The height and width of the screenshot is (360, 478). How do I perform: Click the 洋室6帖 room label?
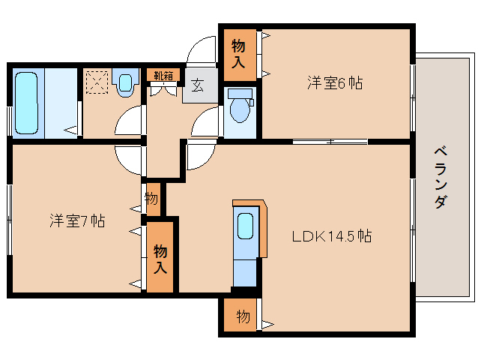pos(334,83)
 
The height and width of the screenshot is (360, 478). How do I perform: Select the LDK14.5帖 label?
pos(332,236)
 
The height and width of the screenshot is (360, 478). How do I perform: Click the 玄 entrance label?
pos(197,85)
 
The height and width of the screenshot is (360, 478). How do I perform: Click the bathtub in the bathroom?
pos(28,102)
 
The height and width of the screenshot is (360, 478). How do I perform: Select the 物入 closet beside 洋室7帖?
pos(161,258)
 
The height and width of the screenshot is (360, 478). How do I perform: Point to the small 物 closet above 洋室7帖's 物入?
pos(151,199)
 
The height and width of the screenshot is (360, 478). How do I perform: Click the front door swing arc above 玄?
pos(201,51)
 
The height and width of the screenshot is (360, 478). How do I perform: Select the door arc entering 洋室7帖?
pos(128,157)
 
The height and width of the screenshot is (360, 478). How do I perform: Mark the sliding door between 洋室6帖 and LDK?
pos(330,141)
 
